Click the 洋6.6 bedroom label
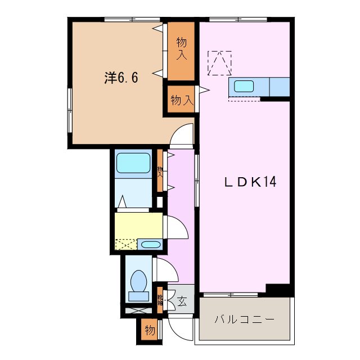120,78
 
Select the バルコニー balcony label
244,319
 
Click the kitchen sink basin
244,86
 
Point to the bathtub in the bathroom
133,163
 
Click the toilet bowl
138,280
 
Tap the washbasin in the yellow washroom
149,245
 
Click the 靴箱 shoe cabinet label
160,300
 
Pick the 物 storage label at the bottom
149,330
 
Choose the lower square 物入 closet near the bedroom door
182,101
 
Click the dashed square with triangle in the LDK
219,62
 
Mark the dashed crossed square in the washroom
125,245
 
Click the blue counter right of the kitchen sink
280,87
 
